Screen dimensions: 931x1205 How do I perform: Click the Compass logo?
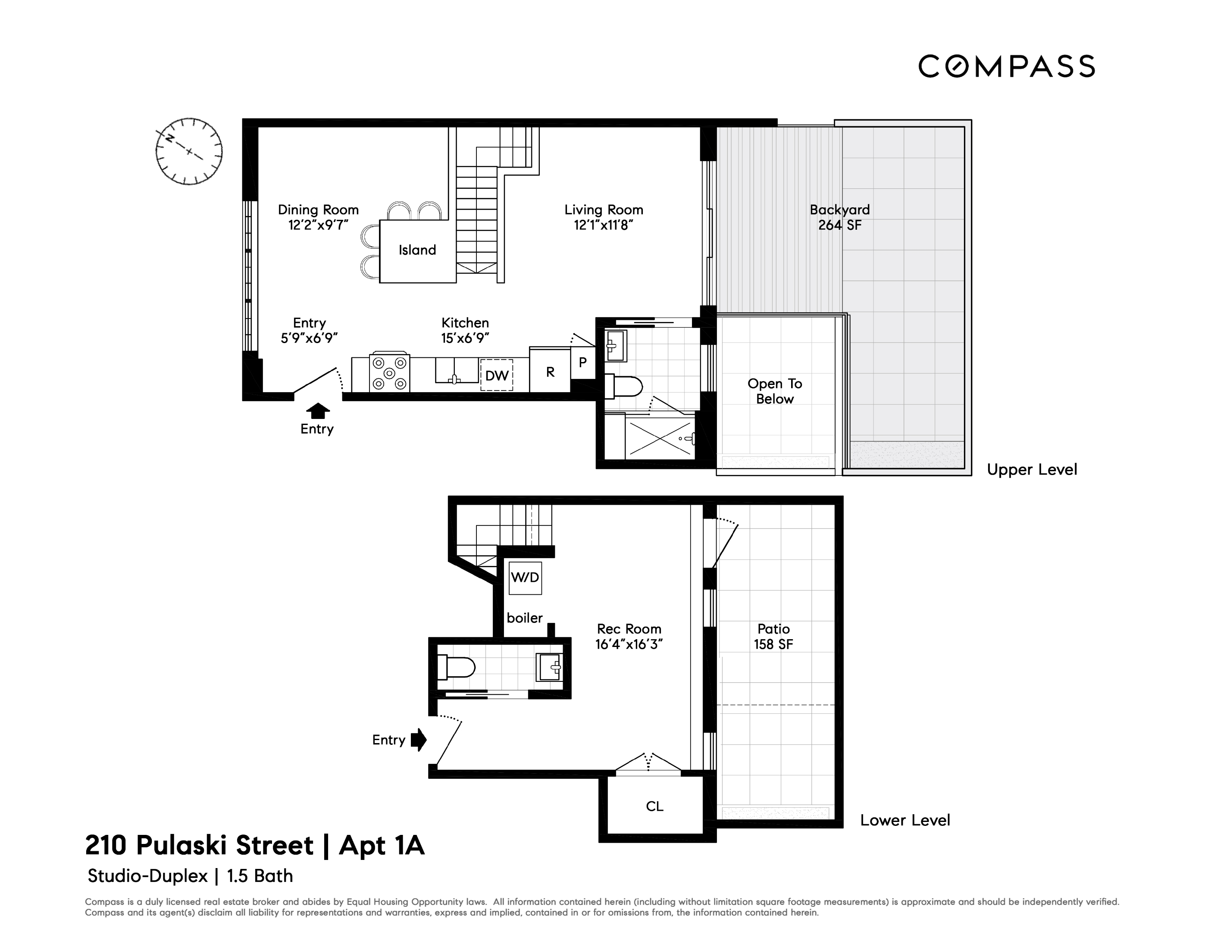[x=1006, y=66]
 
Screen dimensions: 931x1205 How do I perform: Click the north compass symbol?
[x=189, y=151]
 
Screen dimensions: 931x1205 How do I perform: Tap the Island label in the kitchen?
[x=417, y=250]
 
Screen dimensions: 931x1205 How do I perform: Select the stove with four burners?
[x=390, y=373]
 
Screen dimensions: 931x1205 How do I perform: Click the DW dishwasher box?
[x=497, y=375]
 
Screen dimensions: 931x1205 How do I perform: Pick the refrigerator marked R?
[x=550, y=372]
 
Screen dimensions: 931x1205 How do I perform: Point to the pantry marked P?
[x=582, y=362]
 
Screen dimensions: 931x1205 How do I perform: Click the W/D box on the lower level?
[x=525, y=578]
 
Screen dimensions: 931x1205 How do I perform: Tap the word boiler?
[x=524, y=618]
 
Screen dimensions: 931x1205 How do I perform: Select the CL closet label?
[x=654, y=806]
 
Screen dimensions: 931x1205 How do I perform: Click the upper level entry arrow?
[x=317, y=411]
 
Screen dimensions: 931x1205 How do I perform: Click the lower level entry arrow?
[x=419, y=740]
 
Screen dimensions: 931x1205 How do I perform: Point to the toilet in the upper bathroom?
[x=623, y=386]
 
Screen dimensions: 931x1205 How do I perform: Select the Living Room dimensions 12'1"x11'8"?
[x=603, y=225]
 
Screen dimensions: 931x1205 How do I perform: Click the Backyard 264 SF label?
[x=839, y=217]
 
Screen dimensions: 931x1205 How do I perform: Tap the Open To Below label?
[x=775, y=391]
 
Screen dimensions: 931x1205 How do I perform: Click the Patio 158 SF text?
[x=773, y=637]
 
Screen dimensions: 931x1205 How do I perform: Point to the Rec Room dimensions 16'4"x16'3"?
[x=629, y=644]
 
